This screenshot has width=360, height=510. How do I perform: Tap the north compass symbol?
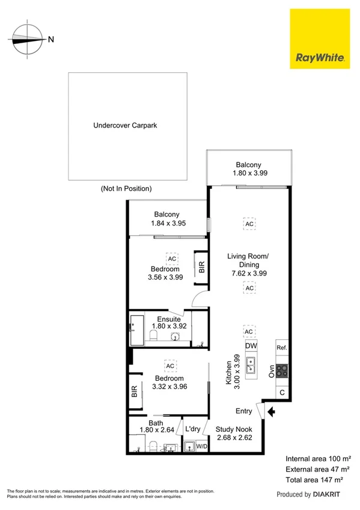[27, 39]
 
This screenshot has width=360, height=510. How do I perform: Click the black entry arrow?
[271, 412]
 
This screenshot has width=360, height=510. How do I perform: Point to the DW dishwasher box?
[251, 346]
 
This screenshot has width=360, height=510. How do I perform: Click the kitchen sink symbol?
[251, 365]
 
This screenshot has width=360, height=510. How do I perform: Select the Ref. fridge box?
[281, 348]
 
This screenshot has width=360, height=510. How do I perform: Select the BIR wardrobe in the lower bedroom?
[135, 392]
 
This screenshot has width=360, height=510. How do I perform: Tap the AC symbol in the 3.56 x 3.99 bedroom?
[172, 259]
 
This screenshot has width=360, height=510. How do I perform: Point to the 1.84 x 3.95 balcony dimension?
[166, 223]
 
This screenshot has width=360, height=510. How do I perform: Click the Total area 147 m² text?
[317, 479]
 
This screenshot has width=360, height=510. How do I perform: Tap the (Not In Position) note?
[126, 188]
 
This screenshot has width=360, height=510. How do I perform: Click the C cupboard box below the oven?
[282, 393]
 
